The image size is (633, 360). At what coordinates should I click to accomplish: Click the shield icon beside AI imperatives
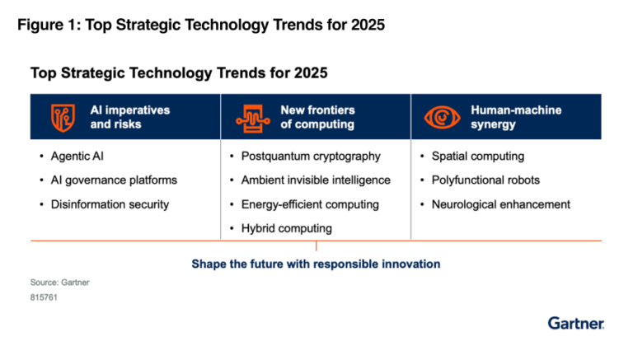click(x=61, y=116)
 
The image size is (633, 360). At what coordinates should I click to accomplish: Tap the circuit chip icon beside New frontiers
click(x=251, y=116)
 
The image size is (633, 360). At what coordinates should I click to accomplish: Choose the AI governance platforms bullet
click(x=114, y=180)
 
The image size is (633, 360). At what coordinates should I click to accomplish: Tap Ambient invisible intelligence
click(x=315, y=180)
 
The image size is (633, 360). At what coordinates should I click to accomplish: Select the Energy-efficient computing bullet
click(x=310, y=204)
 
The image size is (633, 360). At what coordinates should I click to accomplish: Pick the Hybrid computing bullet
click(x=286, y=228)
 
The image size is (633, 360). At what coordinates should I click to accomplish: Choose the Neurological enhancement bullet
click(x=500, y=204)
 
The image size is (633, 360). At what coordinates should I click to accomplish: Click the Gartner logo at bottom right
click(x=575, y=323)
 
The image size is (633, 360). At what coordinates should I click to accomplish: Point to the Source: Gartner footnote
click(x=59, y=282)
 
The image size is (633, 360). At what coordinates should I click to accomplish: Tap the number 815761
click(x=44, y=297)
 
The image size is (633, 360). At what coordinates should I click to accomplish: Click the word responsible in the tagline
click(x=339, y=264)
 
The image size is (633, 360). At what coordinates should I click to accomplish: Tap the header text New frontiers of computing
click(x=317, y=116)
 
